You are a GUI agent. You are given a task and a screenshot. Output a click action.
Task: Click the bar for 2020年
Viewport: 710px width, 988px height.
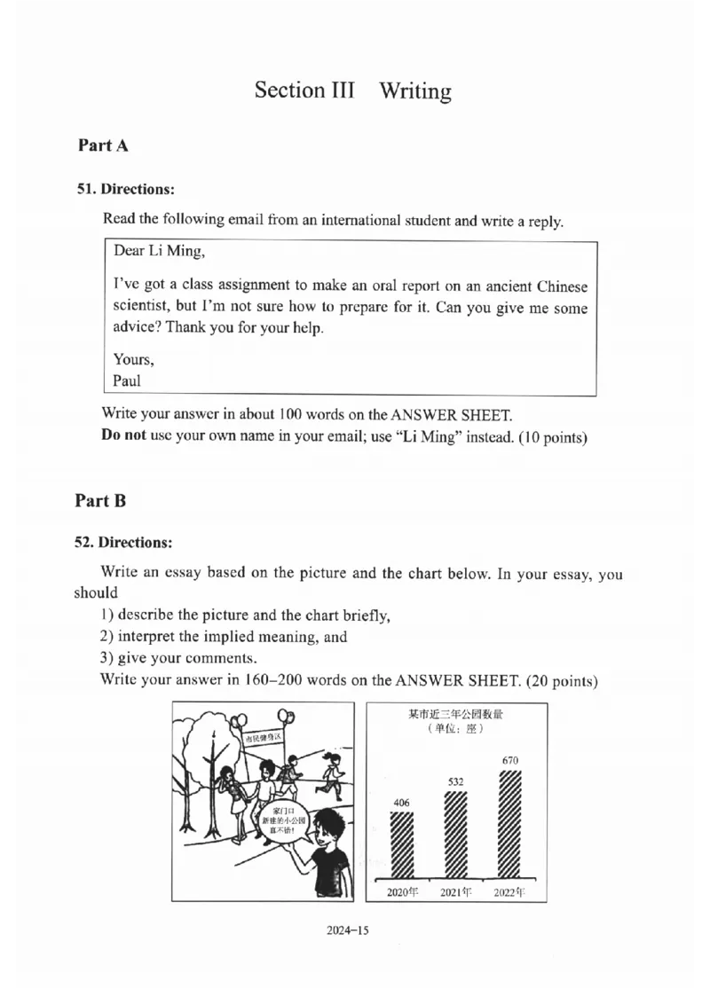(x=402, y=844)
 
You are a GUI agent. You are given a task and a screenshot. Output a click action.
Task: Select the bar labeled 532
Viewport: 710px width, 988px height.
(x=455, y=834)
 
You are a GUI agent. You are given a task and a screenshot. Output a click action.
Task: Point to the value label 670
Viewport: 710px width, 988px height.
(x=509, y=760)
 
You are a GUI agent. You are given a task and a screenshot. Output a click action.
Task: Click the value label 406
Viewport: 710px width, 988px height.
(x=401, y=803)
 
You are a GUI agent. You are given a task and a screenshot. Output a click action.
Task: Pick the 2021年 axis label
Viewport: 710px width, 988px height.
(x=455, y=891)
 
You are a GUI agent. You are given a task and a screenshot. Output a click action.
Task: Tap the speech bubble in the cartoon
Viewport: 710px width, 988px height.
(x=280, y=821)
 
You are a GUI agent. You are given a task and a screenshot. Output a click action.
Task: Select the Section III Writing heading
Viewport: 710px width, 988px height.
(x=352, y=90)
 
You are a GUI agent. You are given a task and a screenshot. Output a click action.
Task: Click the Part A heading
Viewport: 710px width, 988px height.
(x=103, y=145)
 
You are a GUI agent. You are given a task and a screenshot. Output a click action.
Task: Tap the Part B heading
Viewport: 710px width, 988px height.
(x=100, y=500)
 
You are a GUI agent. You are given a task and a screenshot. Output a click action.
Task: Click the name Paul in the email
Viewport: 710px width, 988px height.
(x=127, y=381)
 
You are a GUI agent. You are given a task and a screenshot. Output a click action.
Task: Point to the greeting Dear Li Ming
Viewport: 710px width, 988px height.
(x=158, y=251)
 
